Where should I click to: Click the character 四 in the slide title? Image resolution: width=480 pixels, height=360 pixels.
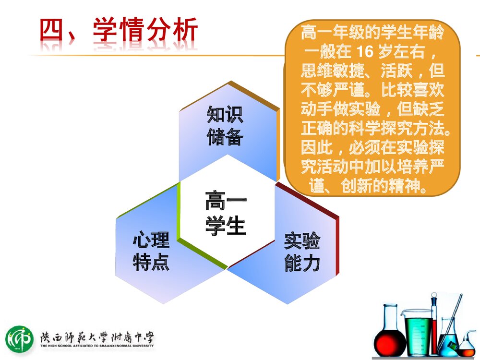point(51,30)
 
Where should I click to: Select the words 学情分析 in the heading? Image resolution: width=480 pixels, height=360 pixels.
point(145,29)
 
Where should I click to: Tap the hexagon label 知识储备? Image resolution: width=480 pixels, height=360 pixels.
point(225,125)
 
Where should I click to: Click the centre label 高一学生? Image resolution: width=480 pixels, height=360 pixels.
point(226,213)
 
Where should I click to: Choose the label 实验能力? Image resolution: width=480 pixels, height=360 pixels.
point(302,252)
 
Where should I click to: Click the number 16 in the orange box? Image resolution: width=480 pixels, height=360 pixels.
point(365,51)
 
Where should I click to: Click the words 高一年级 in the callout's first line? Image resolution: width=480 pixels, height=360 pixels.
point(333,33)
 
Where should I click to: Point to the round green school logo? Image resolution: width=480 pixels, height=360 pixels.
point(19,339)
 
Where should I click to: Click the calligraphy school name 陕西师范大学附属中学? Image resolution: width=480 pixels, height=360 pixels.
point(97,337)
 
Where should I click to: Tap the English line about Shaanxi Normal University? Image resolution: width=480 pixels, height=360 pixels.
point(97,346)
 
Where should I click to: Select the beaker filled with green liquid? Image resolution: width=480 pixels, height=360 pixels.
point(418,333)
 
